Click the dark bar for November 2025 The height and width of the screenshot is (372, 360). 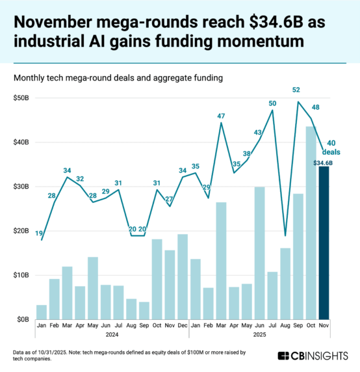(x=323, y=244)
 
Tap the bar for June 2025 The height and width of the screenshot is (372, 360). (x=259, y=253)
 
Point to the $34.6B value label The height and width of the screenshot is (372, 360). (x=323, y=163)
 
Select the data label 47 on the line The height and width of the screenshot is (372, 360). (x=221, y=116)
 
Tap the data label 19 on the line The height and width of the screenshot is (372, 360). (x=38, y=233)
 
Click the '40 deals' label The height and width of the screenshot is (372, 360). (x=331, y=147)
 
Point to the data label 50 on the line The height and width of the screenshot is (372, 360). (x=272, y=103)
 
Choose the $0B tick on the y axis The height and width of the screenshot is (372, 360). (x=23, y=319)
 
